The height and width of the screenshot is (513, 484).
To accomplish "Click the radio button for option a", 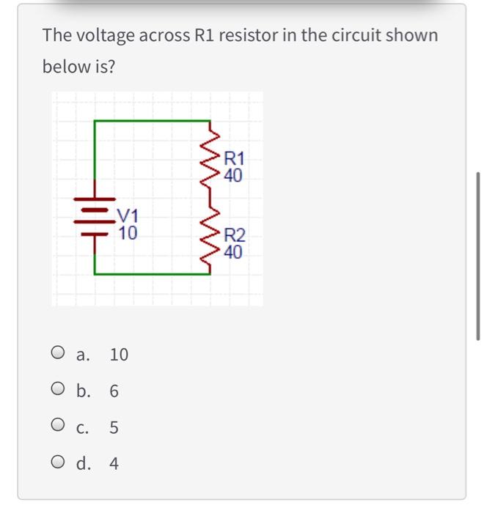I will click(59, 354).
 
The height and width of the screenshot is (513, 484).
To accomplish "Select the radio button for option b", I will click(59, 391).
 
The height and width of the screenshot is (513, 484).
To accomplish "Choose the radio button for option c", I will click(59, 427).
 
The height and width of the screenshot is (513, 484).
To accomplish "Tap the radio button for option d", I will click(59, 463).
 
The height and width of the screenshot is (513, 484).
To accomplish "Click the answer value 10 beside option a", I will click(119, 355).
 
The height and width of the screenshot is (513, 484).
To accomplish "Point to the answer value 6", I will click(114, 391).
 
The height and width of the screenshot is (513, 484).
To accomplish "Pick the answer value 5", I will click(114, 427).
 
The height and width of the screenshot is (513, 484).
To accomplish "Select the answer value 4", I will click(114, 464).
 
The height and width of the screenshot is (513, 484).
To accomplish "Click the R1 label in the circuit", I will click(235, 158).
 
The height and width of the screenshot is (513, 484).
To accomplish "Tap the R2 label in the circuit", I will click(235, 236).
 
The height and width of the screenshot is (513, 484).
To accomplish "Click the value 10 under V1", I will click(127, 233).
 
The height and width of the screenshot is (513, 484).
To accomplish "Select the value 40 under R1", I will click(235, 175).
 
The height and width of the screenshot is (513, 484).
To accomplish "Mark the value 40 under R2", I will click(235, 254).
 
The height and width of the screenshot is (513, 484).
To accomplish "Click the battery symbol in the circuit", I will click(95, 216).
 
